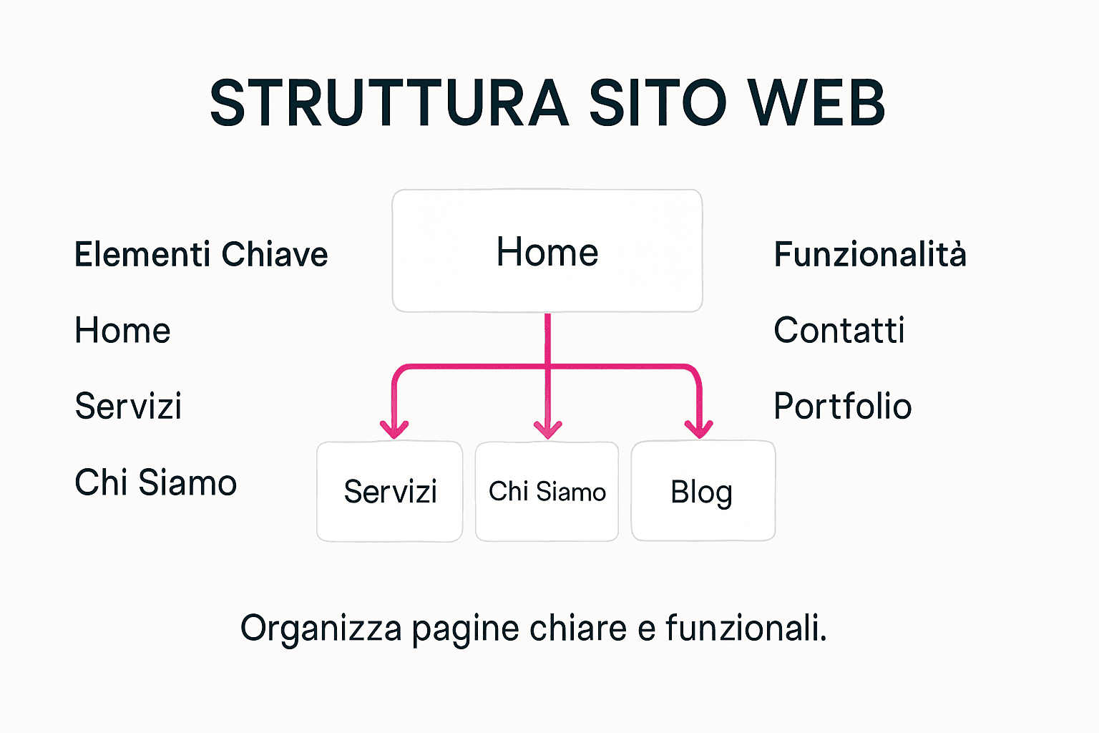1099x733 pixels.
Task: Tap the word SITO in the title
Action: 658,104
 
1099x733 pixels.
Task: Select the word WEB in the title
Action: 816,104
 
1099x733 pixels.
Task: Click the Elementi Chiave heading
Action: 201,255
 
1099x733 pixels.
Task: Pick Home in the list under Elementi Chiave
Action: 122,331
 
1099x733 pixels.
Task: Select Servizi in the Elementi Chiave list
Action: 128,407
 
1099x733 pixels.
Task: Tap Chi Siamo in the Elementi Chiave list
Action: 155,482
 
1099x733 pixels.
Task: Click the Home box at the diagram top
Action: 547,251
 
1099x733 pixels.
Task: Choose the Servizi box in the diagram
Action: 390,492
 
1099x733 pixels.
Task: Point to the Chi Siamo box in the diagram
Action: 547,492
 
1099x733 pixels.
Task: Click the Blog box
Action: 702,492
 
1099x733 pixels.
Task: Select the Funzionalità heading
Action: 870,255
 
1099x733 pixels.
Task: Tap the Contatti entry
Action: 839,331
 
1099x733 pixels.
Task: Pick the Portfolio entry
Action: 843,407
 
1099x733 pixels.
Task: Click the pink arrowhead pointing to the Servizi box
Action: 394,429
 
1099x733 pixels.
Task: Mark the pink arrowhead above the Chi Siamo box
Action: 548,429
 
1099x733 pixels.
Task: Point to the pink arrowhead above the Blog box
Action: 699,429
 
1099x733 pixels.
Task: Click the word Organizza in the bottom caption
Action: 321,629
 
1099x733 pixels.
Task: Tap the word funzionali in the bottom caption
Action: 743,629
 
